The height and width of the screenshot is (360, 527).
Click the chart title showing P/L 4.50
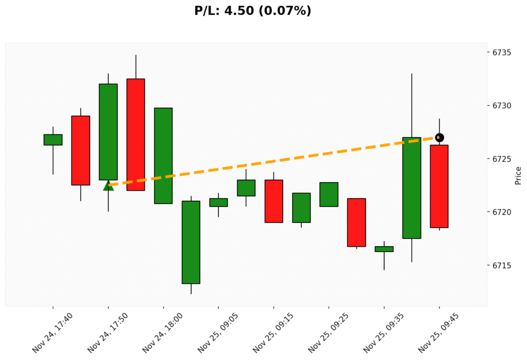(x=253, y=11)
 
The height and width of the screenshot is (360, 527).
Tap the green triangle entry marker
(x=108, y=185)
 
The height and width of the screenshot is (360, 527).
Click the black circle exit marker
(x=439, y=138)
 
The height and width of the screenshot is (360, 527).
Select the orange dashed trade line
(x=273, y=161)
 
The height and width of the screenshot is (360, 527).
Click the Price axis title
(x=518, y=176)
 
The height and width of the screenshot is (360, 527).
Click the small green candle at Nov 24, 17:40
(x=53, y=140)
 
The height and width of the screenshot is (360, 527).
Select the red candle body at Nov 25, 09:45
(x=439, y=186)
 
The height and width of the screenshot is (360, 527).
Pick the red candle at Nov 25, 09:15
(x=273, y=201)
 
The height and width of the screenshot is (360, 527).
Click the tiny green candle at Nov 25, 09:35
(x=384, y=249)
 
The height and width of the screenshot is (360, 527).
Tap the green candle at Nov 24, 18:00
(x=163, y=156)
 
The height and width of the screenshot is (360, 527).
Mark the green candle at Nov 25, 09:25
(x=328, y=194)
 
